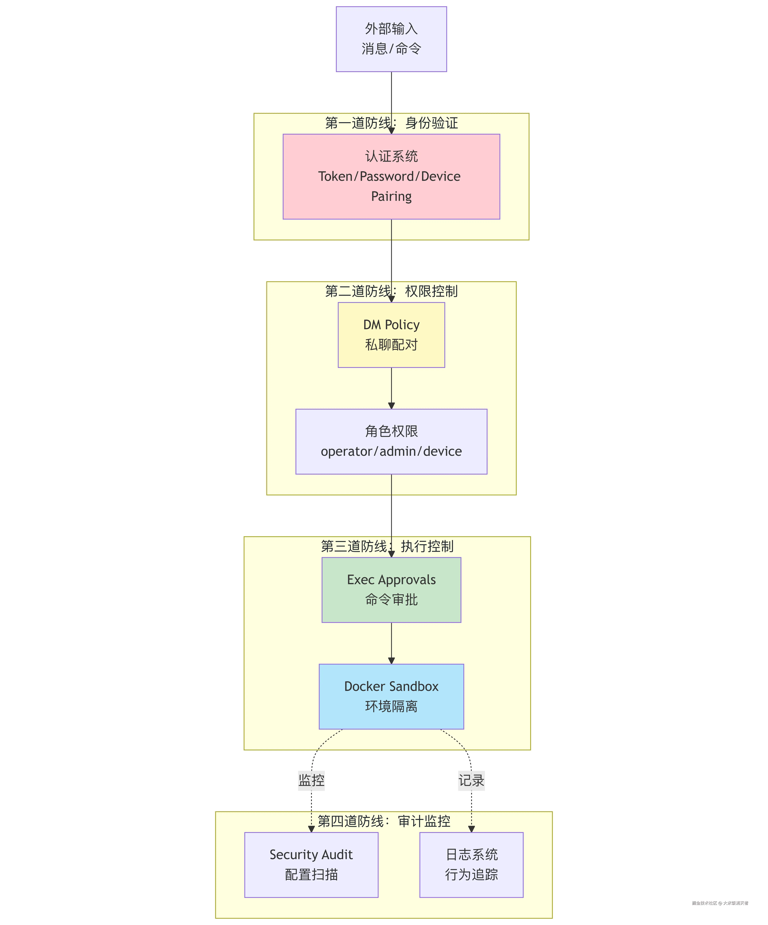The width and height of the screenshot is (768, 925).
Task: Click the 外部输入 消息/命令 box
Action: pos(391,39)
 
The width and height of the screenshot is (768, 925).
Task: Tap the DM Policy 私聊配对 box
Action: pos(391,335)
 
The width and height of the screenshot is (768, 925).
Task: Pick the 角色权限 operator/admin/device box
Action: pos(391,441)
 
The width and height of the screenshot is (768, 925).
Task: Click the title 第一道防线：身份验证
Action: pos(391,123)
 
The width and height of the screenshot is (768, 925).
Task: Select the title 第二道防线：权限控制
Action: pos(391,291)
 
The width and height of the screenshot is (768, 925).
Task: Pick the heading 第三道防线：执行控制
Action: pos(387,546)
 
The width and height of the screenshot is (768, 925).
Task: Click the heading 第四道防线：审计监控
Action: pos(384,821)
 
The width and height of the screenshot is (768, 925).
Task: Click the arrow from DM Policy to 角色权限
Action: pos(391,388)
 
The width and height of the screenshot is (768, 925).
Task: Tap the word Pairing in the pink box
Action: pos(391,196)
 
